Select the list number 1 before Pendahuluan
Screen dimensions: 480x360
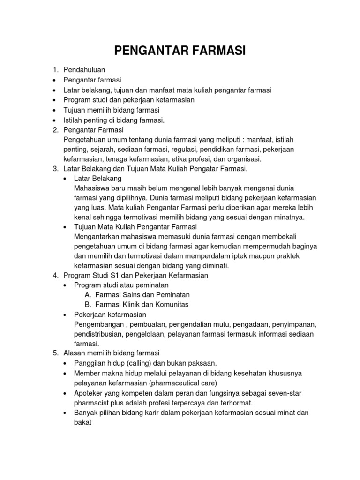point(54,70)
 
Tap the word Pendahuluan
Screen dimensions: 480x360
point(84,70)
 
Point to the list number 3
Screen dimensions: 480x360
point(54,169)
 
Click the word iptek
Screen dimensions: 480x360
point(225,256)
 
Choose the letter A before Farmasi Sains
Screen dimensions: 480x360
point(88,295)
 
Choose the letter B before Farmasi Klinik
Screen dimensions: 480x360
point(88,305)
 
